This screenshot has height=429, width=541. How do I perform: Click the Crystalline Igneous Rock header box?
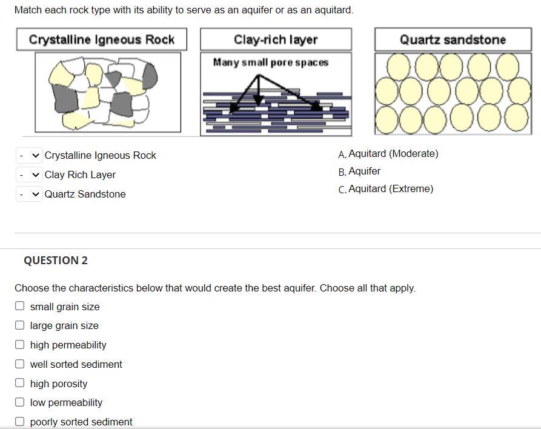[x=101, y=40]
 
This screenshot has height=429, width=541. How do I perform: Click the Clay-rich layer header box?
[x=276, y=40]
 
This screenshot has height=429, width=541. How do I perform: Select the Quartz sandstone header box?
[x=453, y=40]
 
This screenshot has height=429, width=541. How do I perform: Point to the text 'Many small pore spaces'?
[x=270, y=62]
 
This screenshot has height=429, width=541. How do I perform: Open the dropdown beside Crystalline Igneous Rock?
[x=29, y=156]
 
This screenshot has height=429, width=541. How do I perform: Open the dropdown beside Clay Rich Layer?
[x=29, y=175]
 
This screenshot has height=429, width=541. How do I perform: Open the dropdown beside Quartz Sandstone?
[x=29, y=195]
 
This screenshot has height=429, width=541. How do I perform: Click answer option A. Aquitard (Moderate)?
[x=388, y=154]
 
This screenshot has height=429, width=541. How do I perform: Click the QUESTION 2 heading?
[x=56, y=261]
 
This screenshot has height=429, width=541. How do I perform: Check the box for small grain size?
[x=20, y=307]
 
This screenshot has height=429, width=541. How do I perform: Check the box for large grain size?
[x=20, y=325]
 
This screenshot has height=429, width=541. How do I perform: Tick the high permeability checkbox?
[x=20, y=345]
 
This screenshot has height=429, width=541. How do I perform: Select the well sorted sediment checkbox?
[x=20, y=364]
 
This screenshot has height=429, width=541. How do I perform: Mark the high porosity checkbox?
[x=20, y=384]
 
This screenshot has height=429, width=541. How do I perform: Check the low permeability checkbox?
[x=20, y=402]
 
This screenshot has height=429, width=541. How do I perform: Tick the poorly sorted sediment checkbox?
[x=20, y=422]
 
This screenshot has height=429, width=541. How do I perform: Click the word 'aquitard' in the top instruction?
[x=333, y=10]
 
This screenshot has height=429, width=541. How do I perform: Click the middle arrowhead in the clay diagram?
[x=260, y=102]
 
